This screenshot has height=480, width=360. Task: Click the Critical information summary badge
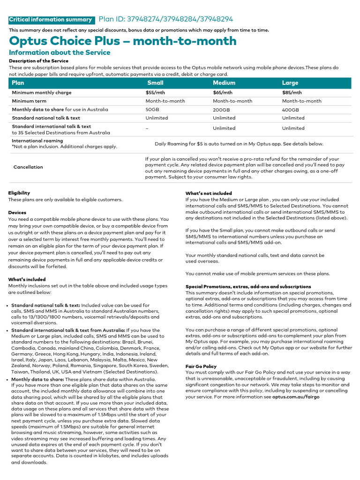point(51,20)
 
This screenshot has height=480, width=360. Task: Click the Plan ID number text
point(165,19)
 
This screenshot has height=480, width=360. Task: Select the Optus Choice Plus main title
point(123,41)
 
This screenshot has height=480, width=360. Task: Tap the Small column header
point(155,82)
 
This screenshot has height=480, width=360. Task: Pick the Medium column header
point(224,82)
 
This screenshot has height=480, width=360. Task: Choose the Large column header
point(290,82)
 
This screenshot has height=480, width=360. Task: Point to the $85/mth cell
point(292,93)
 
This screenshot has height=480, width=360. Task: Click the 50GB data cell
point(153,110)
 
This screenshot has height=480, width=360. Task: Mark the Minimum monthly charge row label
point(42,93)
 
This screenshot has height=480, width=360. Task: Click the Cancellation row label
point(28,167)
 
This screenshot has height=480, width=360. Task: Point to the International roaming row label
point(37,141)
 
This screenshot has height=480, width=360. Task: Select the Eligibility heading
point(19,193)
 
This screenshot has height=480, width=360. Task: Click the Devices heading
point(17,212)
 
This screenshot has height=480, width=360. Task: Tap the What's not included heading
point(209,193)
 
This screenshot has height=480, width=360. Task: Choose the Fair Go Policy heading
point(201,366)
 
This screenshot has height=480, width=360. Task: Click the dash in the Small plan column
point(147,128)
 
